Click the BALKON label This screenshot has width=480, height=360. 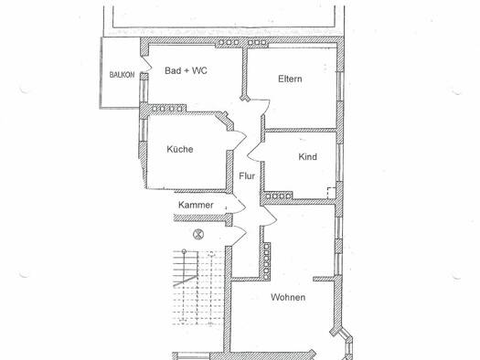point(122,75)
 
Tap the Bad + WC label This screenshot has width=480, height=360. point(186,70)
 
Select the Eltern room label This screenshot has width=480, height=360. point(290,79)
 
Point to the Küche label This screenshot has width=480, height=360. point(180,149)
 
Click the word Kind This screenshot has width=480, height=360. point(307,157)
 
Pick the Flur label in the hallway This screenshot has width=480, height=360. point(247,176)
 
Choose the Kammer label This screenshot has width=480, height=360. point(196,205)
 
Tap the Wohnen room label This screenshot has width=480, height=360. point(288,297)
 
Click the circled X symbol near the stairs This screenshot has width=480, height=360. point(198,235)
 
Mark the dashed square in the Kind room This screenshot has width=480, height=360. point(331,193)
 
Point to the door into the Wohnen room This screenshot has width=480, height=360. point(270,216)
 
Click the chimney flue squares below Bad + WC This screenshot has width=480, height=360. point(168,109)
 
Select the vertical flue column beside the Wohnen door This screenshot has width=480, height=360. point(266,261)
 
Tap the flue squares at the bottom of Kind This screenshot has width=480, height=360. point(278,196)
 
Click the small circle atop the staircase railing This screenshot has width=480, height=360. point(184,251)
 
